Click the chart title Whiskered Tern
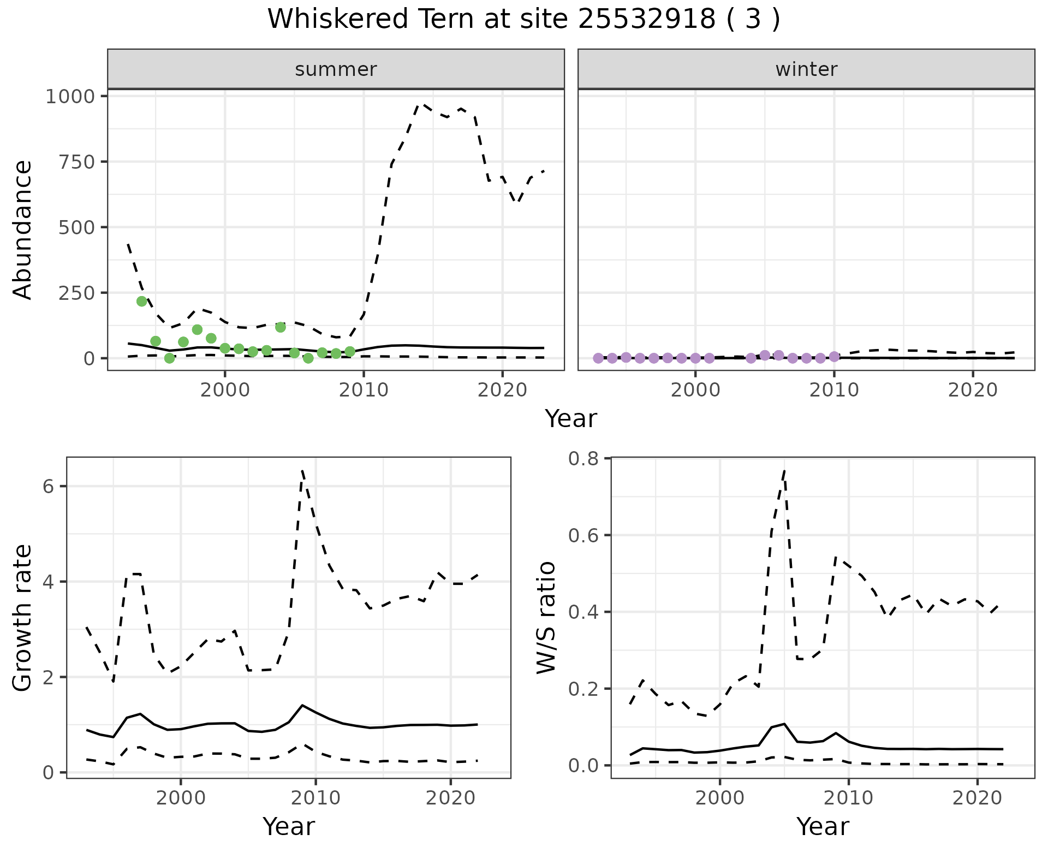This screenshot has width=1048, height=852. pos(523,20)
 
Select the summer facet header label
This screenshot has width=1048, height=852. pos(336,69)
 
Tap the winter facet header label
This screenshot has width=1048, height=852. pos(806,69)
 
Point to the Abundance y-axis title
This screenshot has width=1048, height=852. pos(23,230)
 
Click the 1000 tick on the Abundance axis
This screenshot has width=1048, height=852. pos(70,97)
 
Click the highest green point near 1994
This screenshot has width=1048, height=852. pos(142,301)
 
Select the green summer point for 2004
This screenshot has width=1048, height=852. pos(281,327)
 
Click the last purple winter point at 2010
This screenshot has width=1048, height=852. pos(834,357)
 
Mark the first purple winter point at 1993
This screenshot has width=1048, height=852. pos(598,358)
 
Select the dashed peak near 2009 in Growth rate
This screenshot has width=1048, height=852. pos(302,471)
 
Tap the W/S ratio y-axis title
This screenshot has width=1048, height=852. pos(546,617)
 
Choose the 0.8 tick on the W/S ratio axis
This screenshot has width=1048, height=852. pos(582,459)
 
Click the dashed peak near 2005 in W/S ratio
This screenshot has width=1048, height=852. pos(784,471)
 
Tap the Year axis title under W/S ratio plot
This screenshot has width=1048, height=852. pos(823,826)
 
